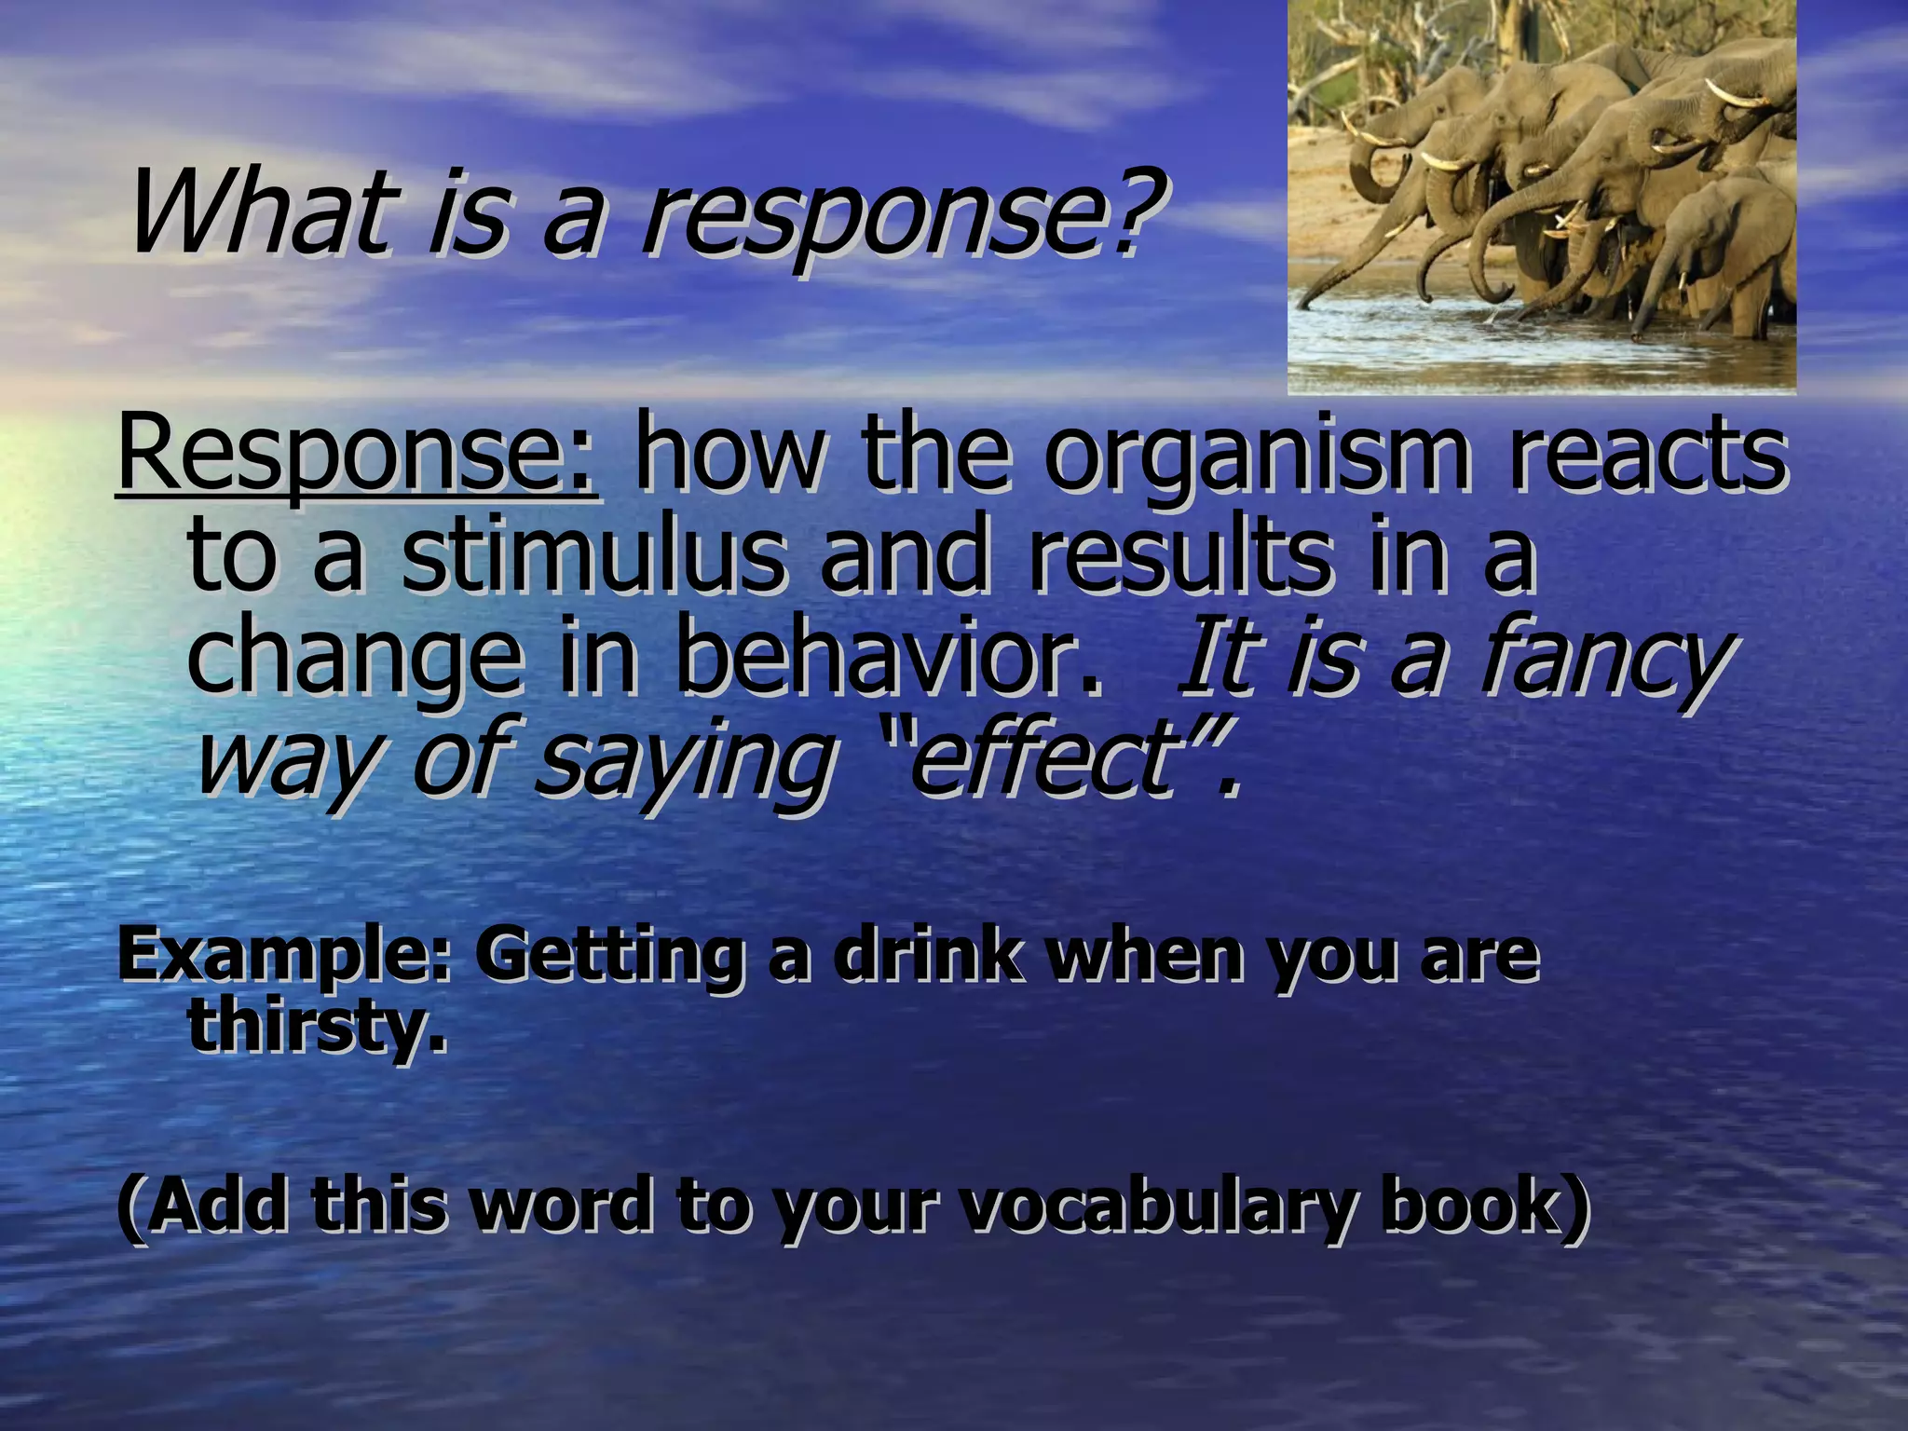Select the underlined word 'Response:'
click(357, 457)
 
